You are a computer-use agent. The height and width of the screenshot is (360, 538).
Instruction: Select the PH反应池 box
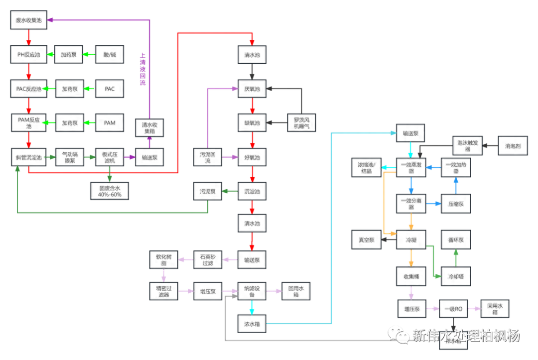(x=29, y=54)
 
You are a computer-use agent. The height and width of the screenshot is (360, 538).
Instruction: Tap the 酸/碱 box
(x=109, y=54)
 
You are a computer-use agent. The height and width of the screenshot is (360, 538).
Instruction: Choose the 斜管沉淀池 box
(x=29, y=157)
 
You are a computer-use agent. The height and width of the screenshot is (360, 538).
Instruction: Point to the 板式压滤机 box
(x=109, y=157)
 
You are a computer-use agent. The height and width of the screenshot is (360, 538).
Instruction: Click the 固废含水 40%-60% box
(x=109, y=190)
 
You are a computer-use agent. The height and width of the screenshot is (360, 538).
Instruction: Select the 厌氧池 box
(x=252, y=89)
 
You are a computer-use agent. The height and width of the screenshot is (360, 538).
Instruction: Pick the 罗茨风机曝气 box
(x=301, y=122)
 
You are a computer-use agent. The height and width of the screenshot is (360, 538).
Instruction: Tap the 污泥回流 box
(x=208, y=157)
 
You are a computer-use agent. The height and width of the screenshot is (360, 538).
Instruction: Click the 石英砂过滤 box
(x=208, y=260)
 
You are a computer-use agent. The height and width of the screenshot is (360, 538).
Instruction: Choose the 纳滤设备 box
(x=252, y=290)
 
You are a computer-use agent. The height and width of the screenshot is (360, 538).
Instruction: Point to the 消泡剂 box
(x=513, y=146)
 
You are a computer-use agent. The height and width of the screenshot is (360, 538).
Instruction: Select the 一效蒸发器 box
(x=411, y=168)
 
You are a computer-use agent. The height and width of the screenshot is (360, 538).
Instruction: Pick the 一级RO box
(x=453, y=309)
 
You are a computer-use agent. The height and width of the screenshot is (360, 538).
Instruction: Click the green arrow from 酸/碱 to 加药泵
(x=89, y=54)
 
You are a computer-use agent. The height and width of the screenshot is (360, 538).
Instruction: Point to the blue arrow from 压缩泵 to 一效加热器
(x=455, y=186)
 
